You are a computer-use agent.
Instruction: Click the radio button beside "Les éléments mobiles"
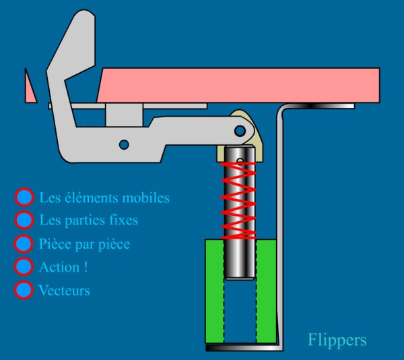[x=24, y=198]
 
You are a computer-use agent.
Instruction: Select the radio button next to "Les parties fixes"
[x=24, y=220]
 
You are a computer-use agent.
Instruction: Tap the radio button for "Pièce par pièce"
[x=24, y=243]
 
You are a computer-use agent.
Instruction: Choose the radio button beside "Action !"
[x=24, y=266]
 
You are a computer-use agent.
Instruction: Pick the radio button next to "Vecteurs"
[x=24, y=290]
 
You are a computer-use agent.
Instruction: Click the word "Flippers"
[x=337, y=340]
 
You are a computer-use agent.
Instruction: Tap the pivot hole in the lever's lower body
[x=123, y=144]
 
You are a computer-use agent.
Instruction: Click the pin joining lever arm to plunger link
[x=240, y=129]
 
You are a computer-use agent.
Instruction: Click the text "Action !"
[x=63, y=267]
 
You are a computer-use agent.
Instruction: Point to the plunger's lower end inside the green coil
[x=239, y=270]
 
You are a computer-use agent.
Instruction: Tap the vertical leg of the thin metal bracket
[x=280, y=229]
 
